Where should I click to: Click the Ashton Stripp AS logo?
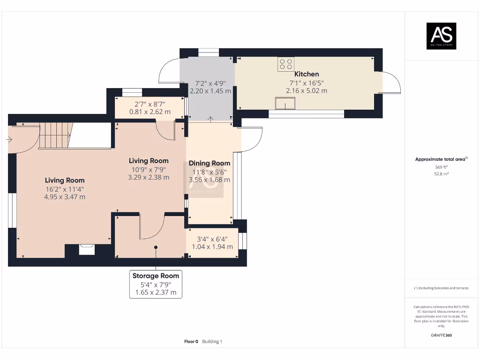tap(441, 36)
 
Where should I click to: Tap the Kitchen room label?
tap(307, 74)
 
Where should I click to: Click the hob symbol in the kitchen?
tap(286, 64)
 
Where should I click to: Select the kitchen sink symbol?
tap(285, 103)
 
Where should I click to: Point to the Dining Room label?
tap(210, 163)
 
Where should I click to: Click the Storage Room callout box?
tap(156, 284)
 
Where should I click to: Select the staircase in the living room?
tap(56, 135)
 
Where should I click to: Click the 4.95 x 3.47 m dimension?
tap(65, 197)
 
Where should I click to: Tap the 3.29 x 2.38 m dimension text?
tap(149, 177)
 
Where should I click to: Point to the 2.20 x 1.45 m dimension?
tap(210, 91)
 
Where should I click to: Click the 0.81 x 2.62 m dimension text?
tap(150, 112)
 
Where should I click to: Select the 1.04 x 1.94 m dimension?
tap(212, 247)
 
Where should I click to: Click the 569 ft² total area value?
tap(441, 167)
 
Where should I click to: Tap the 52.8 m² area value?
tap(441, 174)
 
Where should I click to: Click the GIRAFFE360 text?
tap(441, 335)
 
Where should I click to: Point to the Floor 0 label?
tap(191, 342)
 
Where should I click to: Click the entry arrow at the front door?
tap(9, 140)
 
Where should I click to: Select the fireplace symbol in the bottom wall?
tap(87, 249)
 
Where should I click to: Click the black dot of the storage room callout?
tap(156, 247)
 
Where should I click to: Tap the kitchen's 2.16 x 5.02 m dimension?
tap(307, 91)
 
